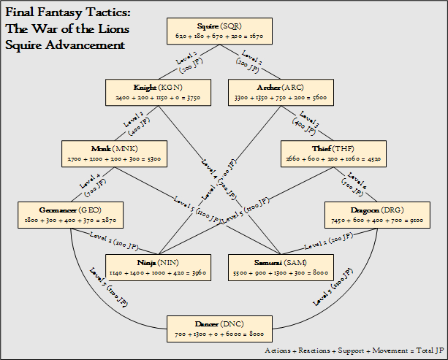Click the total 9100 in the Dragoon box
tap(408, 219)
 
